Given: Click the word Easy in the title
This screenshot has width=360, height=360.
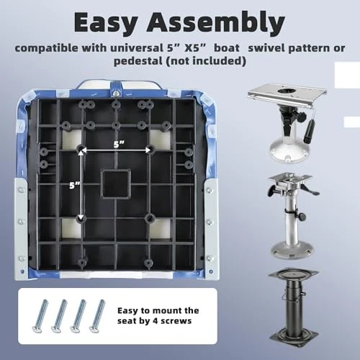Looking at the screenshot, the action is coord(106,22).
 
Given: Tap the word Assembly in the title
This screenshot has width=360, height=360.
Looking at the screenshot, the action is coord(216,22).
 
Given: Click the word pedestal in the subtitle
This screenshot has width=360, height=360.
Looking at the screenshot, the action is coord(138,61).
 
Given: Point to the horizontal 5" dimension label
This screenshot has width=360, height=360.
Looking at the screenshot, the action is coord(119,145).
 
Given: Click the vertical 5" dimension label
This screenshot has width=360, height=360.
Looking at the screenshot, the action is coord(75,185).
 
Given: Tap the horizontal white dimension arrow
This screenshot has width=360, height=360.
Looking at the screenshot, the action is coord(116,150).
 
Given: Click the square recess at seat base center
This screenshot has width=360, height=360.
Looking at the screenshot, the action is coord(116,184).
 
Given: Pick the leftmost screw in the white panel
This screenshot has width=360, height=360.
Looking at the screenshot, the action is coord(40,316).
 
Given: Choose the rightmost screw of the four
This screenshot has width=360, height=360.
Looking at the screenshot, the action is coord(97,316).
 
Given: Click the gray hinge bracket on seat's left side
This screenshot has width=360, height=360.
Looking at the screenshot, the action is coord(22,228).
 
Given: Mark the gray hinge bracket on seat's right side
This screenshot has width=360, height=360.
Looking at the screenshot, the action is coord(211,228).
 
